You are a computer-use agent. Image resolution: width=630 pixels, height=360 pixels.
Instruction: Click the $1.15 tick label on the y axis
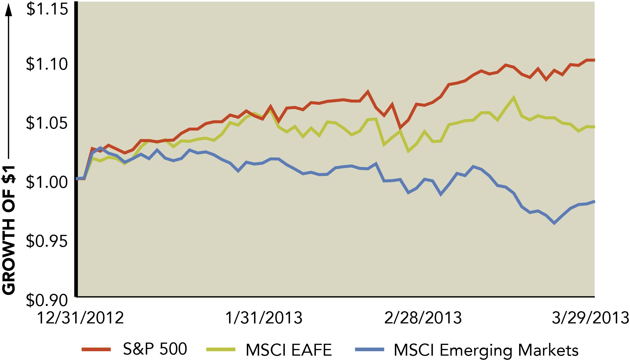tap(47, 9)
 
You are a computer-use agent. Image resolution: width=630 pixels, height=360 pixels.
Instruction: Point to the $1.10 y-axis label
tap(47, 64)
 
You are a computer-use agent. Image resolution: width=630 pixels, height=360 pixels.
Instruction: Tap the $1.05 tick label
tap(47, 123)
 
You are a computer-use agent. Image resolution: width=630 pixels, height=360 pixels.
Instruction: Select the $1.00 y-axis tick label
tap(47, 182)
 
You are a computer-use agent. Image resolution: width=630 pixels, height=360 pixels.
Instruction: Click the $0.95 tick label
tap(47, 241)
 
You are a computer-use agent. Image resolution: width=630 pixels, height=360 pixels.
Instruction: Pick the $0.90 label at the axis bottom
tap(47, 300)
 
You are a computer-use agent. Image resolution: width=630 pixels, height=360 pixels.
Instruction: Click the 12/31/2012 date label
tap(81, 318)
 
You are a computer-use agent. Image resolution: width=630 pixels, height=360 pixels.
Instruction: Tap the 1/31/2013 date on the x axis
tap(264, 318)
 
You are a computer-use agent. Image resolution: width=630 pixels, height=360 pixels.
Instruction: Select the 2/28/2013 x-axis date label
tap(423, 318)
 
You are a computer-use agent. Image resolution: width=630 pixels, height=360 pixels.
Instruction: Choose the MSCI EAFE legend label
tap(289, 350)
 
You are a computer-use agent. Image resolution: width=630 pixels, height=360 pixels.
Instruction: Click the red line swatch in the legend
tap(96, 349)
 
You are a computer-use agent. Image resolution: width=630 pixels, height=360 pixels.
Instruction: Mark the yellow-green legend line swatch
tap(221, 349)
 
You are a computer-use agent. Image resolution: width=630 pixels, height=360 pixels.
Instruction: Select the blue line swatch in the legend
tap(370, 349)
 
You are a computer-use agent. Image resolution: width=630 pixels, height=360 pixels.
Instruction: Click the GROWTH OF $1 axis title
tap(9, 229)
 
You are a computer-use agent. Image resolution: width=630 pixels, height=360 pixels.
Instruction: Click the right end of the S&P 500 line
tap(594, 60)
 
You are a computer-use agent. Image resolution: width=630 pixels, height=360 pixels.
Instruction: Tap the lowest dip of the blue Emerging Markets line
tap(554, 223)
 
